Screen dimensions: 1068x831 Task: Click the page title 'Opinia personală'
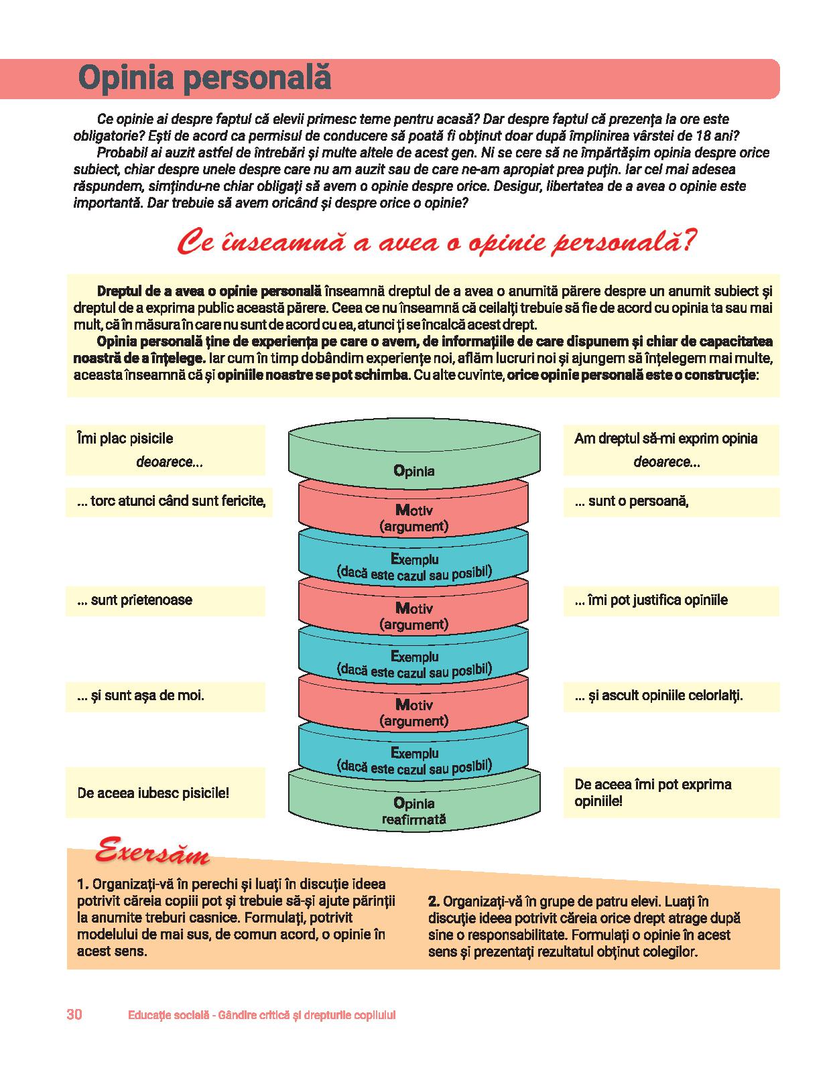205,78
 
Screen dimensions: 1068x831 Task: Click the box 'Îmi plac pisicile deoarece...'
166,450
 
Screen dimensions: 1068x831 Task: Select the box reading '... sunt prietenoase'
166,600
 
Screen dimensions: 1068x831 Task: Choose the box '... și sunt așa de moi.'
166,695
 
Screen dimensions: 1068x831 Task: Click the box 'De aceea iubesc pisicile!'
166,793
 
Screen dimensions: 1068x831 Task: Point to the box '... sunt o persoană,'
671,501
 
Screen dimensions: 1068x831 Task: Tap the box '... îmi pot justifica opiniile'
671,600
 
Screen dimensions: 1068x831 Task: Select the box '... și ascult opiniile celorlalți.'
671,695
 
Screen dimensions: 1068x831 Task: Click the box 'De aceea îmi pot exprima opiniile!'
671,792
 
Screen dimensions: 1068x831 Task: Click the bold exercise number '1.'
83,884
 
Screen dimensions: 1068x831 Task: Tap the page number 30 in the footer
74,1014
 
